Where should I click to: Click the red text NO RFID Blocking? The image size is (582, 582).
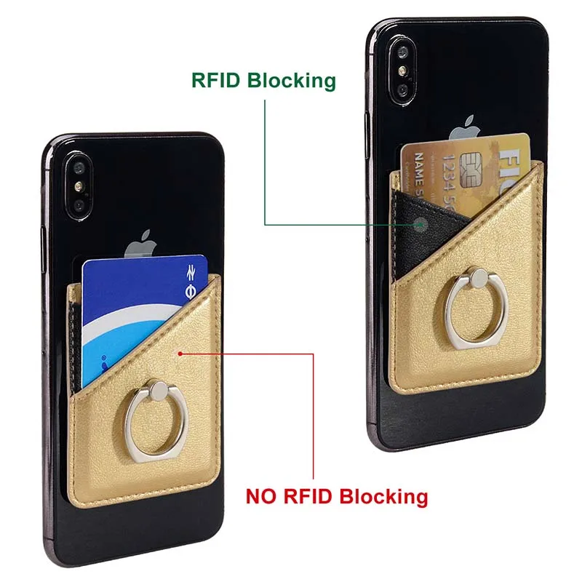point(336,497)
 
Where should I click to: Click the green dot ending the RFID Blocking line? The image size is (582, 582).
point(420,224)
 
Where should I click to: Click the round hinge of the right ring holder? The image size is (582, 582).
point(477,277)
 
